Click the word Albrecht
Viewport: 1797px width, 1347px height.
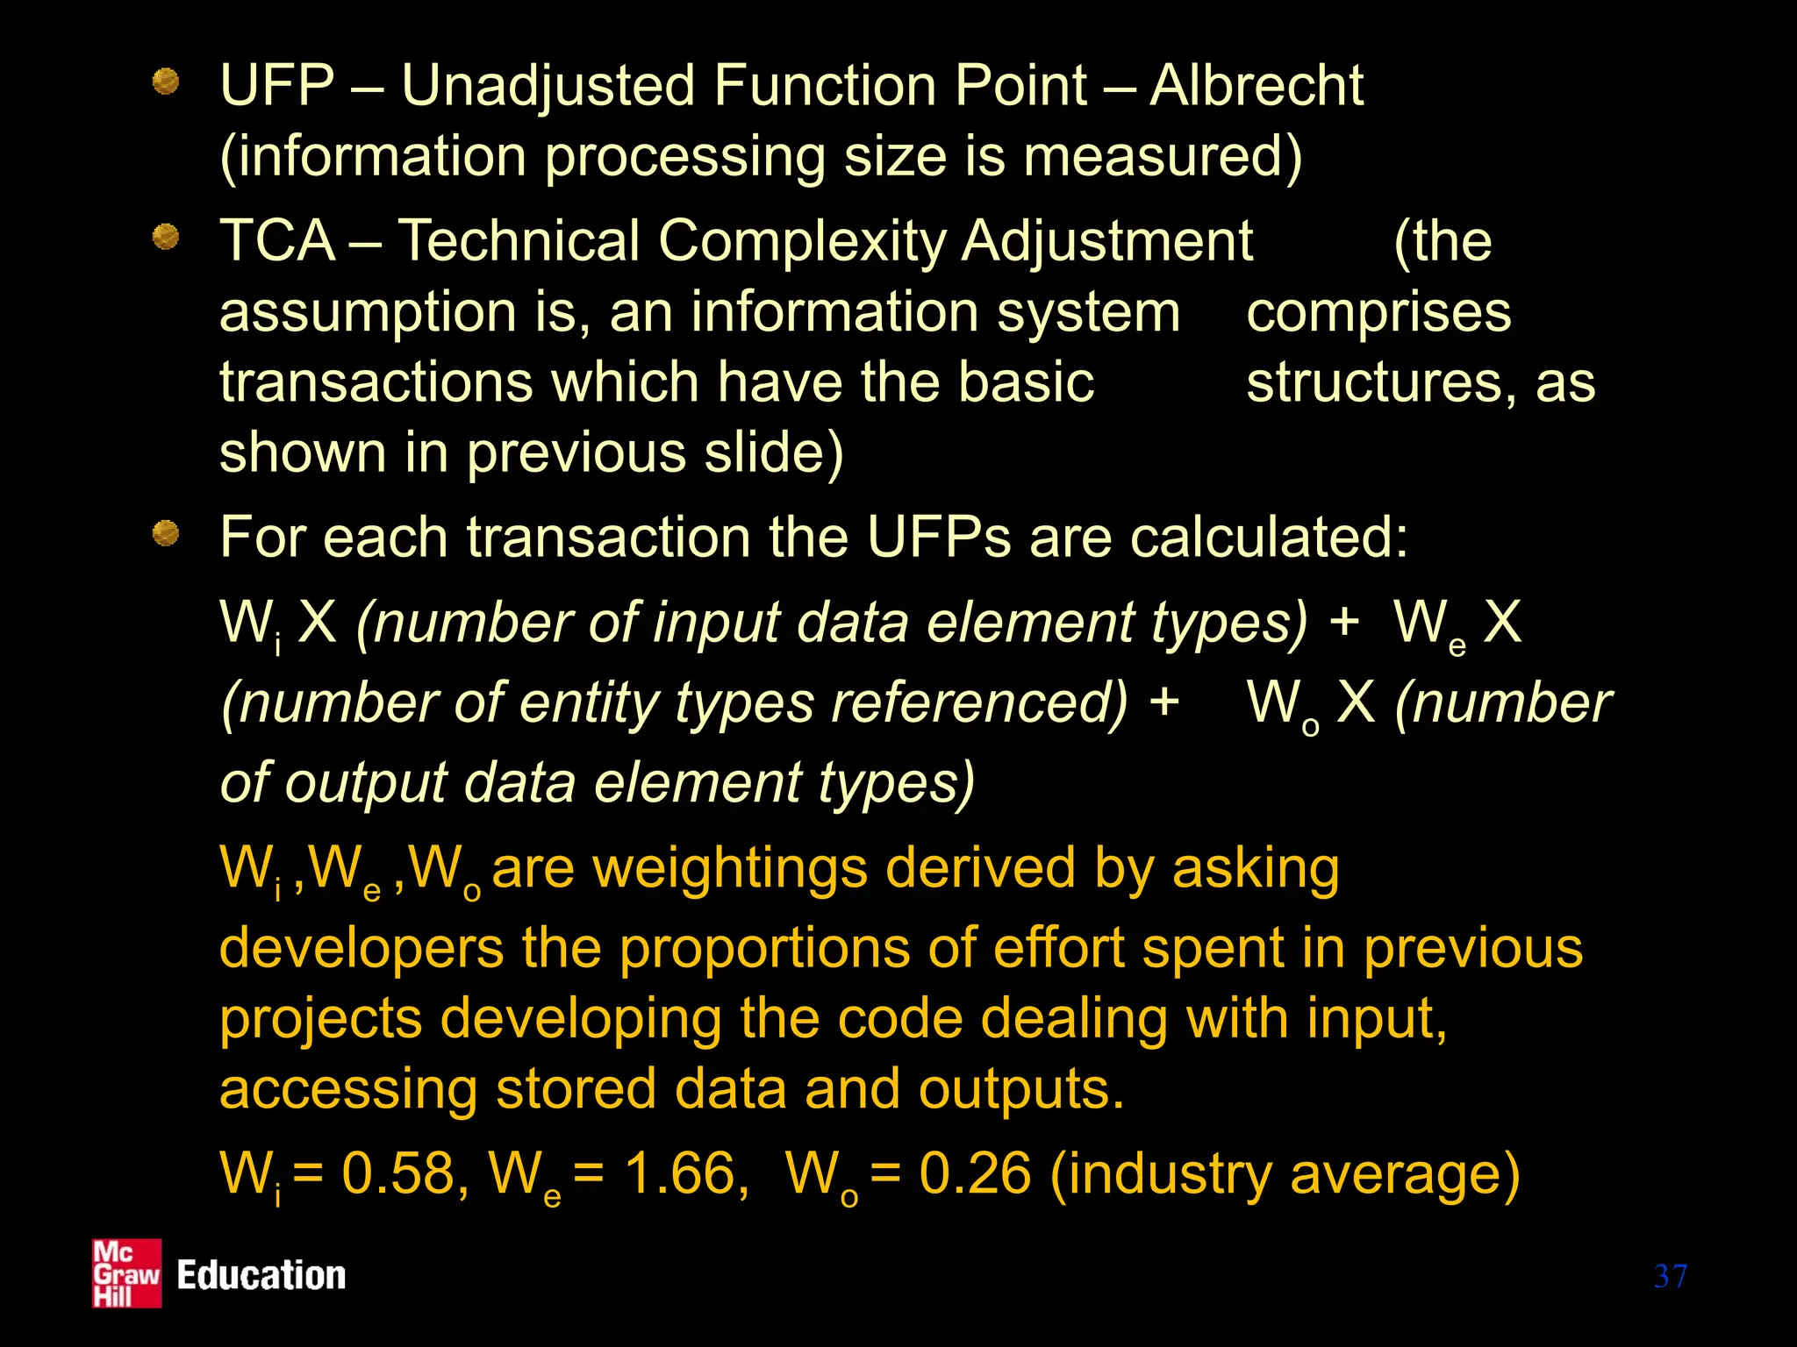tap(1256, 86)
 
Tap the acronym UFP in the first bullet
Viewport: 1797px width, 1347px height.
tap(277, 86)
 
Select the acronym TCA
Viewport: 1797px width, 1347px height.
tap(277, 240)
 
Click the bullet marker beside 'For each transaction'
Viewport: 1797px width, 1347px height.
tap(165, 532)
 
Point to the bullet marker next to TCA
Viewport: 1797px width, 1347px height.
tap(165, 236)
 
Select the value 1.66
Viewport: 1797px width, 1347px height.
tap(680, 1173)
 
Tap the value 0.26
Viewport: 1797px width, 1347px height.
tap(975, 1173)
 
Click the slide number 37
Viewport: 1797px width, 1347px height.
tap(1670, 1276)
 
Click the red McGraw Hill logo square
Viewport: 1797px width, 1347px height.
tap(127, 1273)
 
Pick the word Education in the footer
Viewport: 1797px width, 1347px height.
tap(261, 1275)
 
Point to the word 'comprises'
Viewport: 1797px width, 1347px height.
tap(1378, 312)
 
